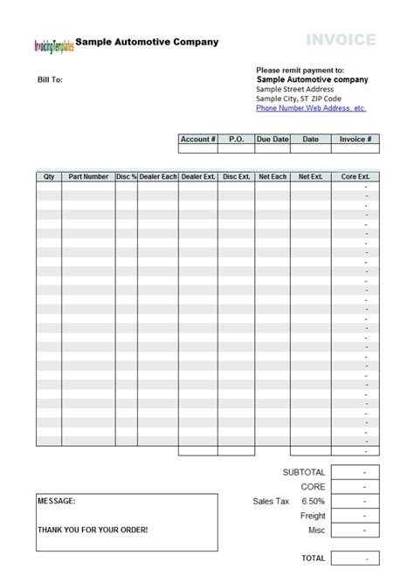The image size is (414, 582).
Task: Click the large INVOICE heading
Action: (x=342, y=39)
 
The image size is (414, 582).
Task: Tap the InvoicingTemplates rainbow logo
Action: (x=53, y=45)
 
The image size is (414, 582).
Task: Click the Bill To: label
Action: (x=48, y=79)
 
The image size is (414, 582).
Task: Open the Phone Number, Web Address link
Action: (x=310, y=108)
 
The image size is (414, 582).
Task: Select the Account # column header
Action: (x=197, y=139)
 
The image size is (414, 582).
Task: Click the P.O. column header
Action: (x=236, y=139)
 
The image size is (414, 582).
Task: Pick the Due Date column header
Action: (x=273, y=139)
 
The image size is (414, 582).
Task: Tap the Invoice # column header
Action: (x=355, y=139)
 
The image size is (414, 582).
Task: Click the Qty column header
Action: (x=49, y=176)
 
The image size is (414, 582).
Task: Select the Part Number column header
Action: (x=88, y=176)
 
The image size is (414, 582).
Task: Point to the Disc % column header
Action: (x=127, y=176)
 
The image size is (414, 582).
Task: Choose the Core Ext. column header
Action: (x=355, y=176)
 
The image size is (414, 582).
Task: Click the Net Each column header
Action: (x=273, y=176)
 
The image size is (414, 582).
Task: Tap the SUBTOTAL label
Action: (x=303, y=472)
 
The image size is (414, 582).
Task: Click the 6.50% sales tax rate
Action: (x=313, y=502)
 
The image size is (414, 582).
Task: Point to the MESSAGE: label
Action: (x=57, y=502)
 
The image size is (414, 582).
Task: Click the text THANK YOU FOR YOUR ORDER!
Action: (x=93, y=530)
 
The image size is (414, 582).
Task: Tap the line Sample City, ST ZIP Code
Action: (x=299, y=99)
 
